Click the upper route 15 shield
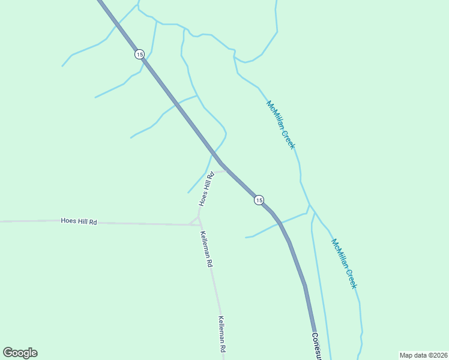[x=139, y=54]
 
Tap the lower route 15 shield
[x=258, y=200]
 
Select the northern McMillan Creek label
[x=281, y=125]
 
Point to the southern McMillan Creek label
[x=345, y=263]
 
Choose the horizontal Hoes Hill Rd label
[x=79, y=221]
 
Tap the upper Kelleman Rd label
[x=206, y=249]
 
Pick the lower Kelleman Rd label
[x=222, y=334]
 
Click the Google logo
[x=20, y=353]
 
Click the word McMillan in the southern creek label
[x=339, y=253]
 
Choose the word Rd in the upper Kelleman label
[x=210, y=263]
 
